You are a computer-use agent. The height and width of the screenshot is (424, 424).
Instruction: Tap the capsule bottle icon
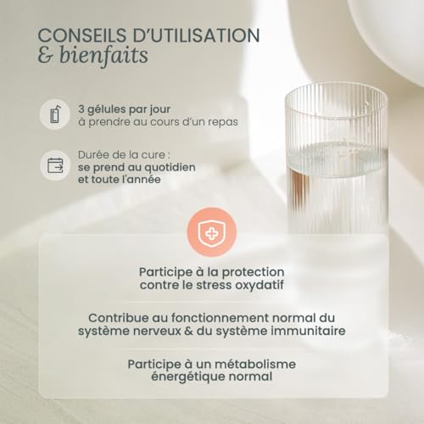55,114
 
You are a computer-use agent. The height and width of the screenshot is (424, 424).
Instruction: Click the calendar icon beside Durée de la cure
55,163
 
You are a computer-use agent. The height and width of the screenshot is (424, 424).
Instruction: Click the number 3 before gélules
81,108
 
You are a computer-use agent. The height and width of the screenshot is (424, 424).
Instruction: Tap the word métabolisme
246,363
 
